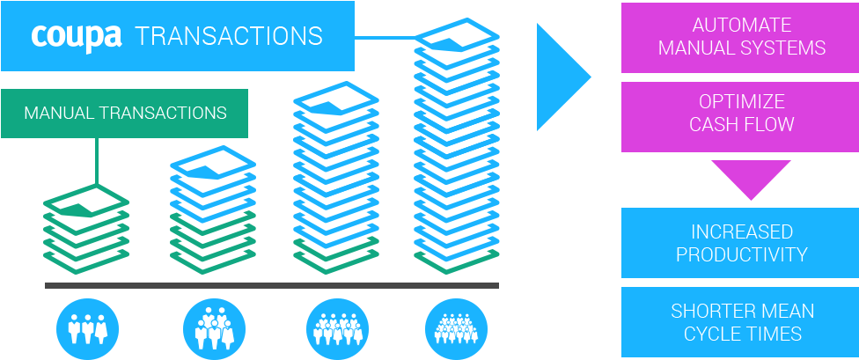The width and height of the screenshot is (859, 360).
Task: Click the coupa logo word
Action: click(x=76, y=36)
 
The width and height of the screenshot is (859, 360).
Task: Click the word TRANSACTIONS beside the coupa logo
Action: click(x=229, y=36)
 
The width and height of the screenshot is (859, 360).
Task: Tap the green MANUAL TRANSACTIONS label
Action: click(x=124, y=114)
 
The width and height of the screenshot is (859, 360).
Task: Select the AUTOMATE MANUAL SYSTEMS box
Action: click(x=741, y=36)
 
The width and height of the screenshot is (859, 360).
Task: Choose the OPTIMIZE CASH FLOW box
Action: click(x=741, y=113)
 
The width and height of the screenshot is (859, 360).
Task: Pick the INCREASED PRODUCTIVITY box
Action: click(x=741, y=243)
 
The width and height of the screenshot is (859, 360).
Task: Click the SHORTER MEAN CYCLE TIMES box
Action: click(x=741, y=322)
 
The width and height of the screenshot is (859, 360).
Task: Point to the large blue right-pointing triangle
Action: click(x=558, y=77)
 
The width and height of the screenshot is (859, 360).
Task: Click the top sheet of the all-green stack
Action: click(x=86, y=203)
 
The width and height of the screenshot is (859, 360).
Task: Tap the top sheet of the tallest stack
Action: click(x=457, y=40)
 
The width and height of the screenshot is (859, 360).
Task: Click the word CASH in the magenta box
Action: click(x=712, y=124)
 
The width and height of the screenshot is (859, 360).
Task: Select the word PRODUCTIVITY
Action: click(x=741, y=254)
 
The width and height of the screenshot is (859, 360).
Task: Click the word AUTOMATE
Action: click(x=741, y=25)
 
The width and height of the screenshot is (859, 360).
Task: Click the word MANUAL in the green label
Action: click(x=60, y=114)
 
